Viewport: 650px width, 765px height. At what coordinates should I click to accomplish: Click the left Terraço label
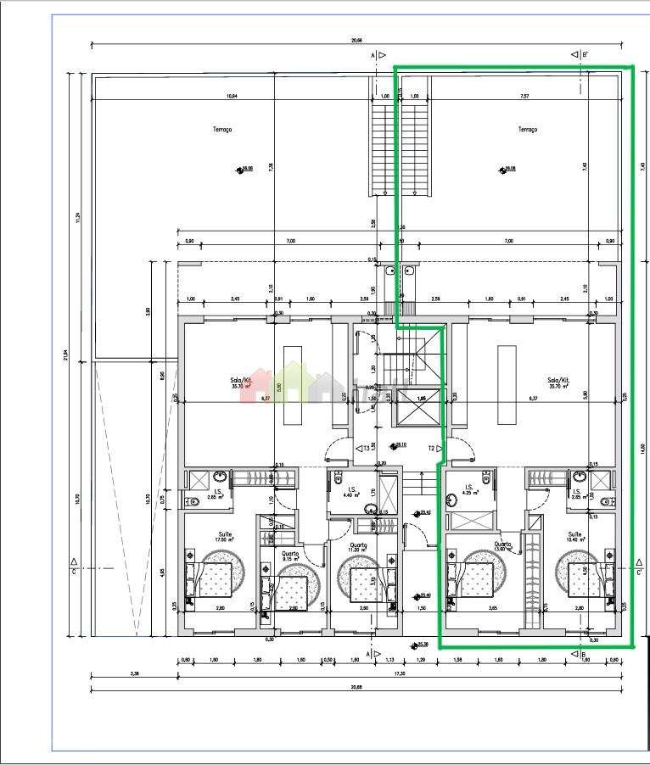(222, 129)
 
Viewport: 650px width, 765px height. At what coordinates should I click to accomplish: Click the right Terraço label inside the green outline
(528, 129)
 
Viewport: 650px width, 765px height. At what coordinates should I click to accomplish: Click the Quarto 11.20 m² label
(357, 547)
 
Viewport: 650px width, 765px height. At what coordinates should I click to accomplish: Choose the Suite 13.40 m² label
(576, 536)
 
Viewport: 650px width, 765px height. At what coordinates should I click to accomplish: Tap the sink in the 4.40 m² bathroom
(371, 509)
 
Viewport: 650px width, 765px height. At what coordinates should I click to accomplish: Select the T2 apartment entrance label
(433, 448)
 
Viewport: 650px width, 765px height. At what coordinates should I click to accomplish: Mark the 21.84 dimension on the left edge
(65, 355)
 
